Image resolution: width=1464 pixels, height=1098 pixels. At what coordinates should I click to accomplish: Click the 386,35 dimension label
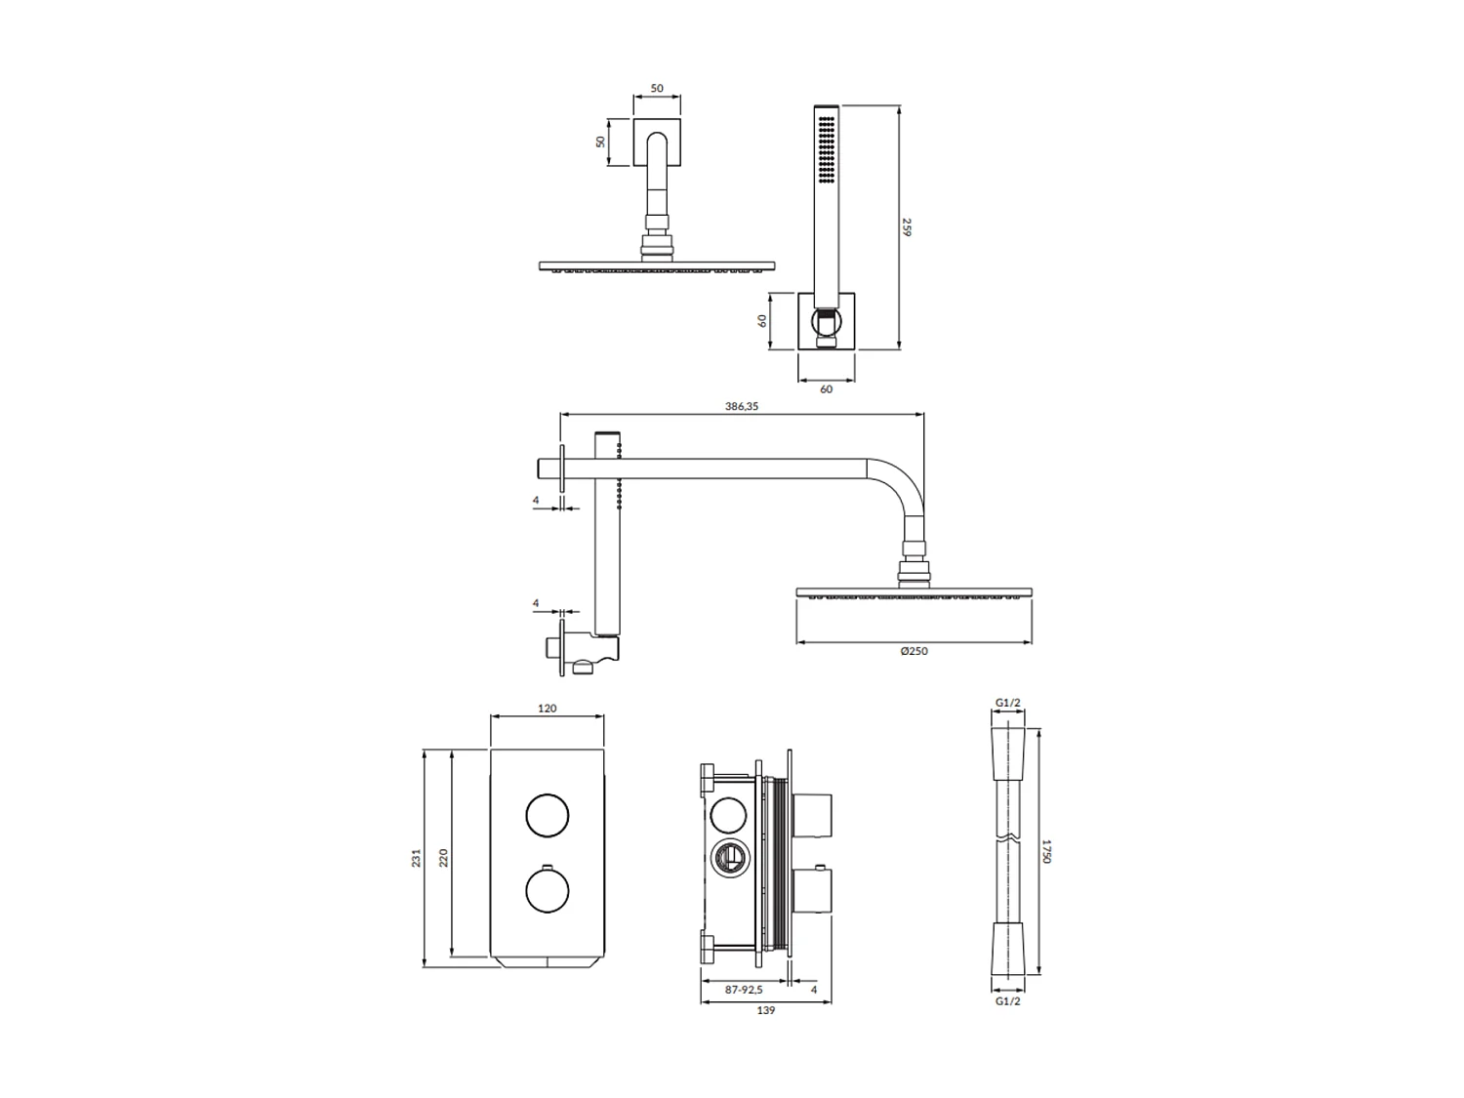(742, 407)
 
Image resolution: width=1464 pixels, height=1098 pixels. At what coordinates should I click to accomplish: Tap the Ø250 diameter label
(914, 651)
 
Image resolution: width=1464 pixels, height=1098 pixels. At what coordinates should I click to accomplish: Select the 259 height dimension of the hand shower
(906, 227)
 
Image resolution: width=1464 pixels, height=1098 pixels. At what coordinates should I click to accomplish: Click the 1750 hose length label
(1045, 850)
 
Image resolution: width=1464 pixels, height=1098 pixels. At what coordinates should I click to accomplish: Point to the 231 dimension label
(416, 858)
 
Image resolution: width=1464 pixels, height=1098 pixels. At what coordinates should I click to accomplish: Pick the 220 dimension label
(443, 858)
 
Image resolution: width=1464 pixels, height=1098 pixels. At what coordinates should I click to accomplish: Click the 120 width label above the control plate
(547, 709)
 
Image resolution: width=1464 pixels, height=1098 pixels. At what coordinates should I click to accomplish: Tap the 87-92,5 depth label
(744, 990)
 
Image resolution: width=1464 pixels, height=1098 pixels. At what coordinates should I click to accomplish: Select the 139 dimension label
(766, 1011)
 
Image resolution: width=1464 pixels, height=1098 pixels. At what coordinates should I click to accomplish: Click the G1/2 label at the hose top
(1007, 703)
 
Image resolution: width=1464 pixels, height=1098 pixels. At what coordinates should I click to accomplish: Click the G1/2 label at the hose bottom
(1007, 1001)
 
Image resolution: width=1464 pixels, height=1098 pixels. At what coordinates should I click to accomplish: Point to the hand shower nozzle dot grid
(827, 149)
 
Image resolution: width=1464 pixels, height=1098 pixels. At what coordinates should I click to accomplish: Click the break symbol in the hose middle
(1008, 838)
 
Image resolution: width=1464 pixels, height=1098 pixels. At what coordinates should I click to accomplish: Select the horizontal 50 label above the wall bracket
(657, 89)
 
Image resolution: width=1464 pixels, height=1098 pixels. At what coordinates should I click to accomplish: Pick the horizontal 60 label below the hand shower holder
(827, 389)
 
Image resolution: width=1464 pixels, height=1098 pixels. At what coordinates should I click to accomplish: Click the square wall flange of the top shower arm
(657, 142)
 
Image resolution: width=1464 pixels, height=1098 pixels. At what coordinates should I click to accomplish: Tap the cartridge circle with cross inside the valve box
(727, 859)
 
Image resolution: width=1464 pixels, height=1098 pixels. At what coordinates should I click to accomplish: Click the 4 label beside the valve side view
(814, 990)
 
